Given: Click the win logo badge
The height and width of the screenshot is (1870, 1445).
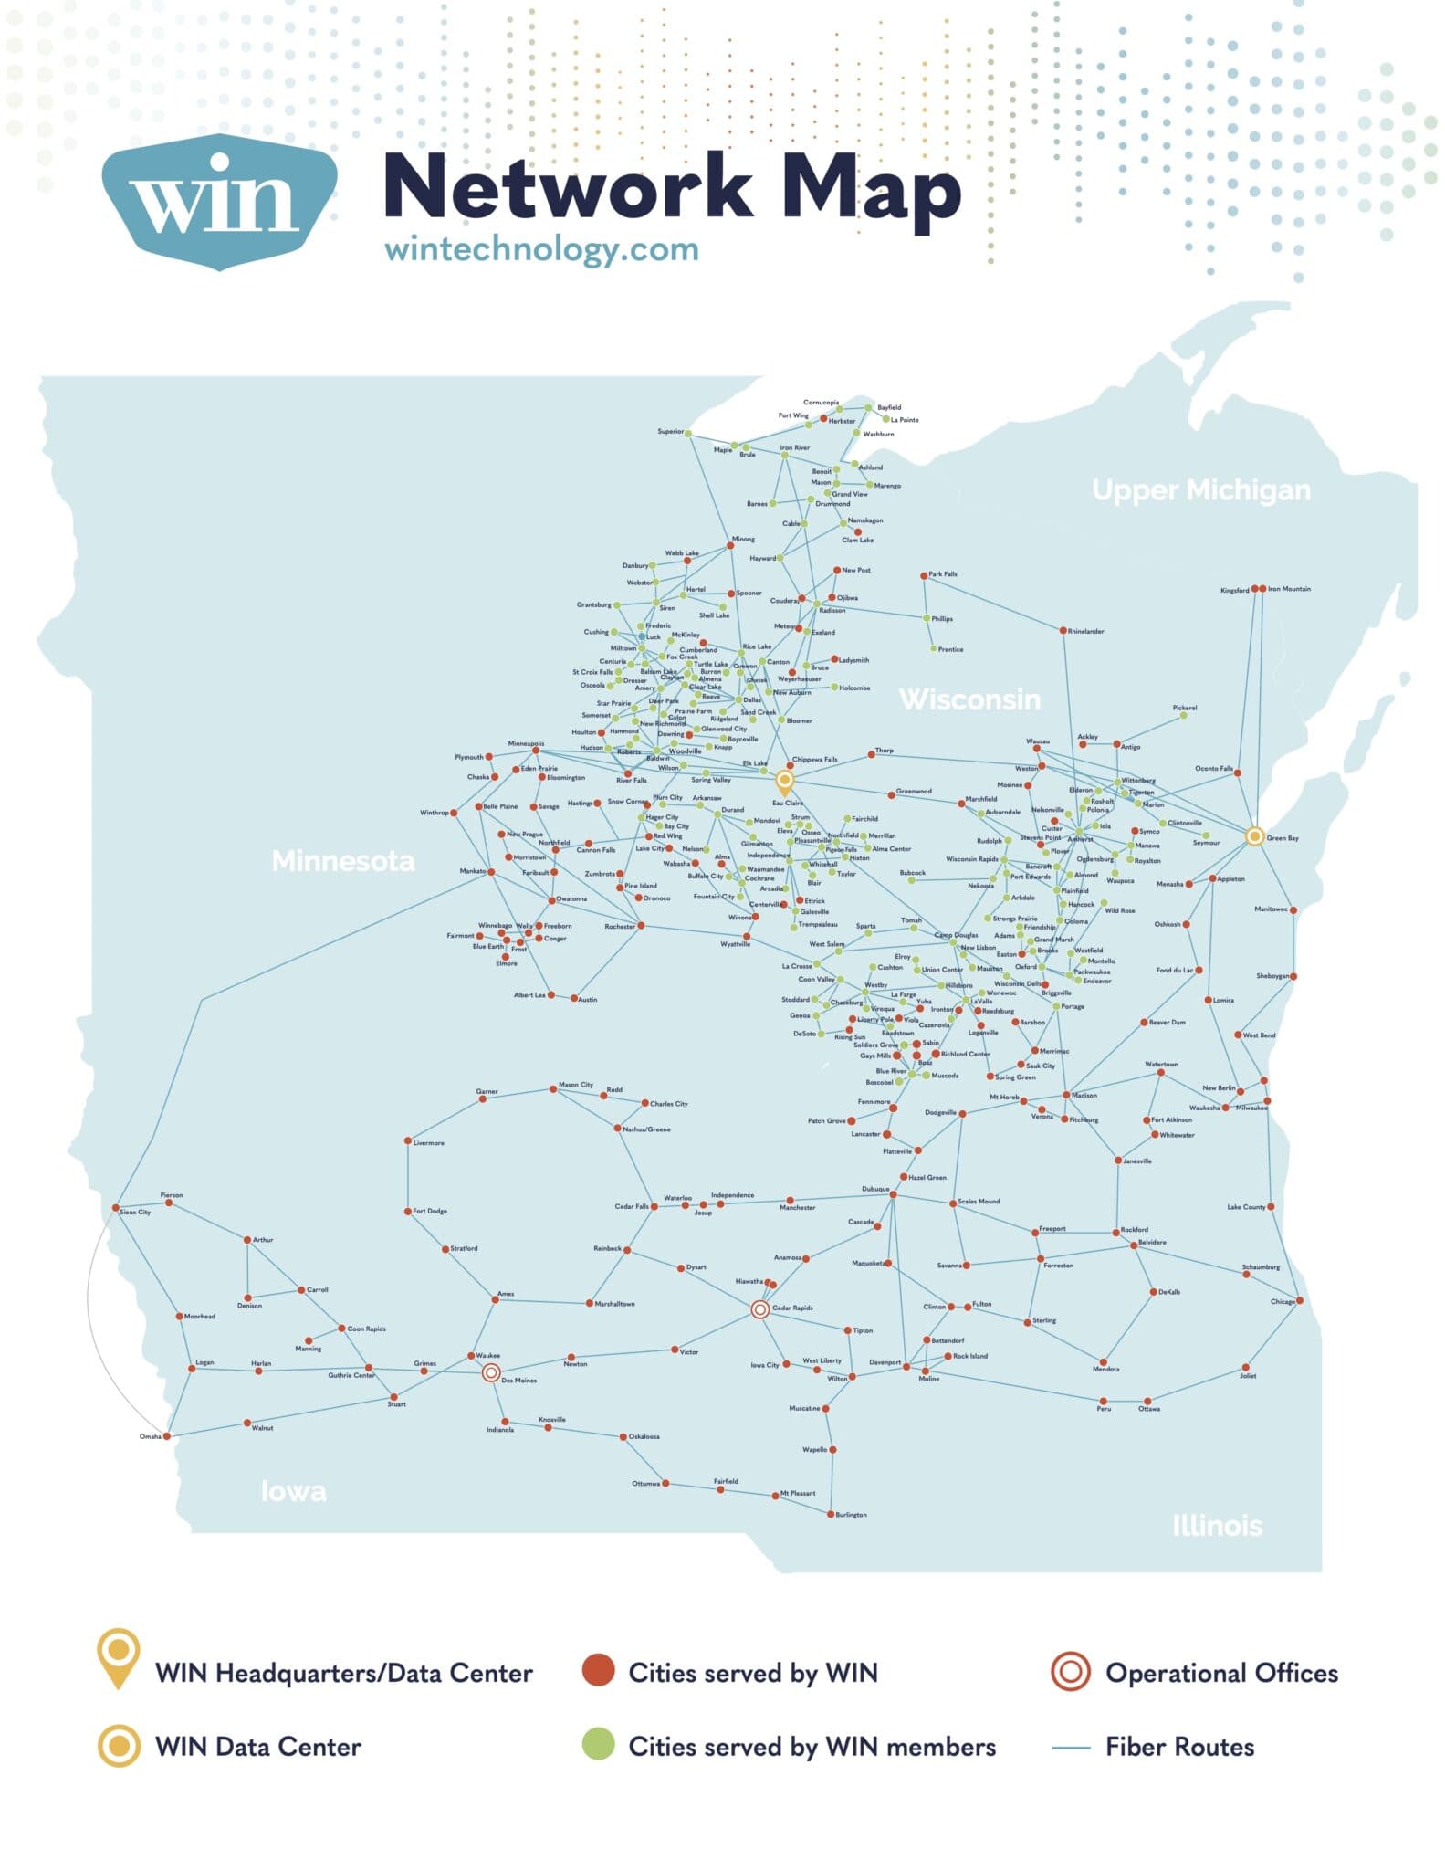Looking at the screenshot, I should (219, 201).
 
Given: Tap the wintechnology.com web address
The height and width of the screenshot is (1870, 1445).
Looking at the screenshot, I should (541, 249).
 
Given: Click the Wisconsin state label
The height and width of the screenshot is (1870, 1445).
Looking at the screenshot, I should (969, 699).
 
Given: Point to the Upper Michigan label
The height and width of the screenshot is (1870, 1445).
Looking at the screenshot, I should (1201, 490).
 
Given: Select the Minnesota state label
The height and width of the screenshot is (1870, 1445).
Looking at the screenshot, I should (343, 860).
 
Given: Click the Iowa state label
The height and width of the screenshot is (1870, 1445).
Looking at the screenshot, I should (293, 1491).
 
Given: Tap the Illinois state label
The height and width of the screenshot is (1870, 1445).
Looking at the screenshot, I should (1217, 1525).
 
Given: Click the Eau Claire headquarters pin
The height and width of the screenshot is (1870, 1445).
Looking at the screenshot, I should (784, 781).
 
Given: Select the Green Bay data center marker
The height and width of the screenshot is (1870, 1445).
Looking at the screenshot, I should (1254, 835).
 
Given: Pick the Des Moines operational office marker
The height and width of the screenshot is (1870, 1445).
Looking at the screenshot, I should (490, 1372).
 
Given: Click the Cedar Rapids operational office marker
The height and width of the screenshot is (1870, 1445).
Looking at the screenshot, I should (759, 1309).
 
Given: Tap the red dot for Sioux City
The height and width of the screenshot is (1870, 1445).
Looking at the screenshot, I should (117, 1208).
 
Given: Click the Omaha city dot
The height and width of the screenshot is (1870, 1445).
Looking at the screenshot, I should (166, 1436).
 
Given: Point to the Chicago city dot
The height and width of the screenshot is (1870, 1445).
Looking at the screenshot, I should (1299, 1301).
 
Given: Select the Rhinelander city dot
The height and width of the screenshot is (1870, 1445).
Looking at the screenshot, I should (1063, 631).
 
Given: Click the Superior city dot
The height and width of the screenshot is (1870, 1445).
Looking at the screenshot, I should (688, 433).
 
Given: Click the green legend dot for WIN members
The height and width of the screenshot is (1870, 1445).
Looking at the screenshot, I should (598, 1746).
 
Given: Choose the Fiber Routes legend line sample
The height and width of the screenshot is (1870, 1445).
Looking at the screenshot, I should (1071, 1748).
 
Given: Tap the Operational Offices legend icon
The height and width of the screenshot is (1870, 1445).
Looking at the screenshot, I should (1071, 1673).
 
